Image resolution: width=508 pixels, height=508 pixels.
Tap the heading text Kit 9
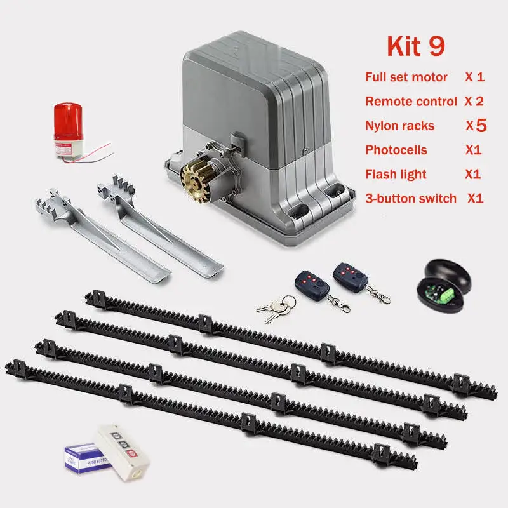click(416, 46)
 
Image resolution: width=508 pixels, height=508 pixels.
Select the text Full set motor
click(406, 77)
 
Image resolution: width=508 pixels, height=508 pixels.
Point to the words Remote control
click(411, 101)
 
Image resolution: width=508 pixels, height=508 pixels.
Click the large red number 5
click(481, 125)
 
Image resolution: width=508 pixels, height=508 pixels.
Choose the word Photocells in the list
click(396, 150)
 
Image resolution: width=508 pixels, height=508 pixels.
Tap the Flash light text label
click(396, 174)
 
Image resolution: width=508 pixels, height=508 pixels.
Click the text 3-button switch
click(411, 198)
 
